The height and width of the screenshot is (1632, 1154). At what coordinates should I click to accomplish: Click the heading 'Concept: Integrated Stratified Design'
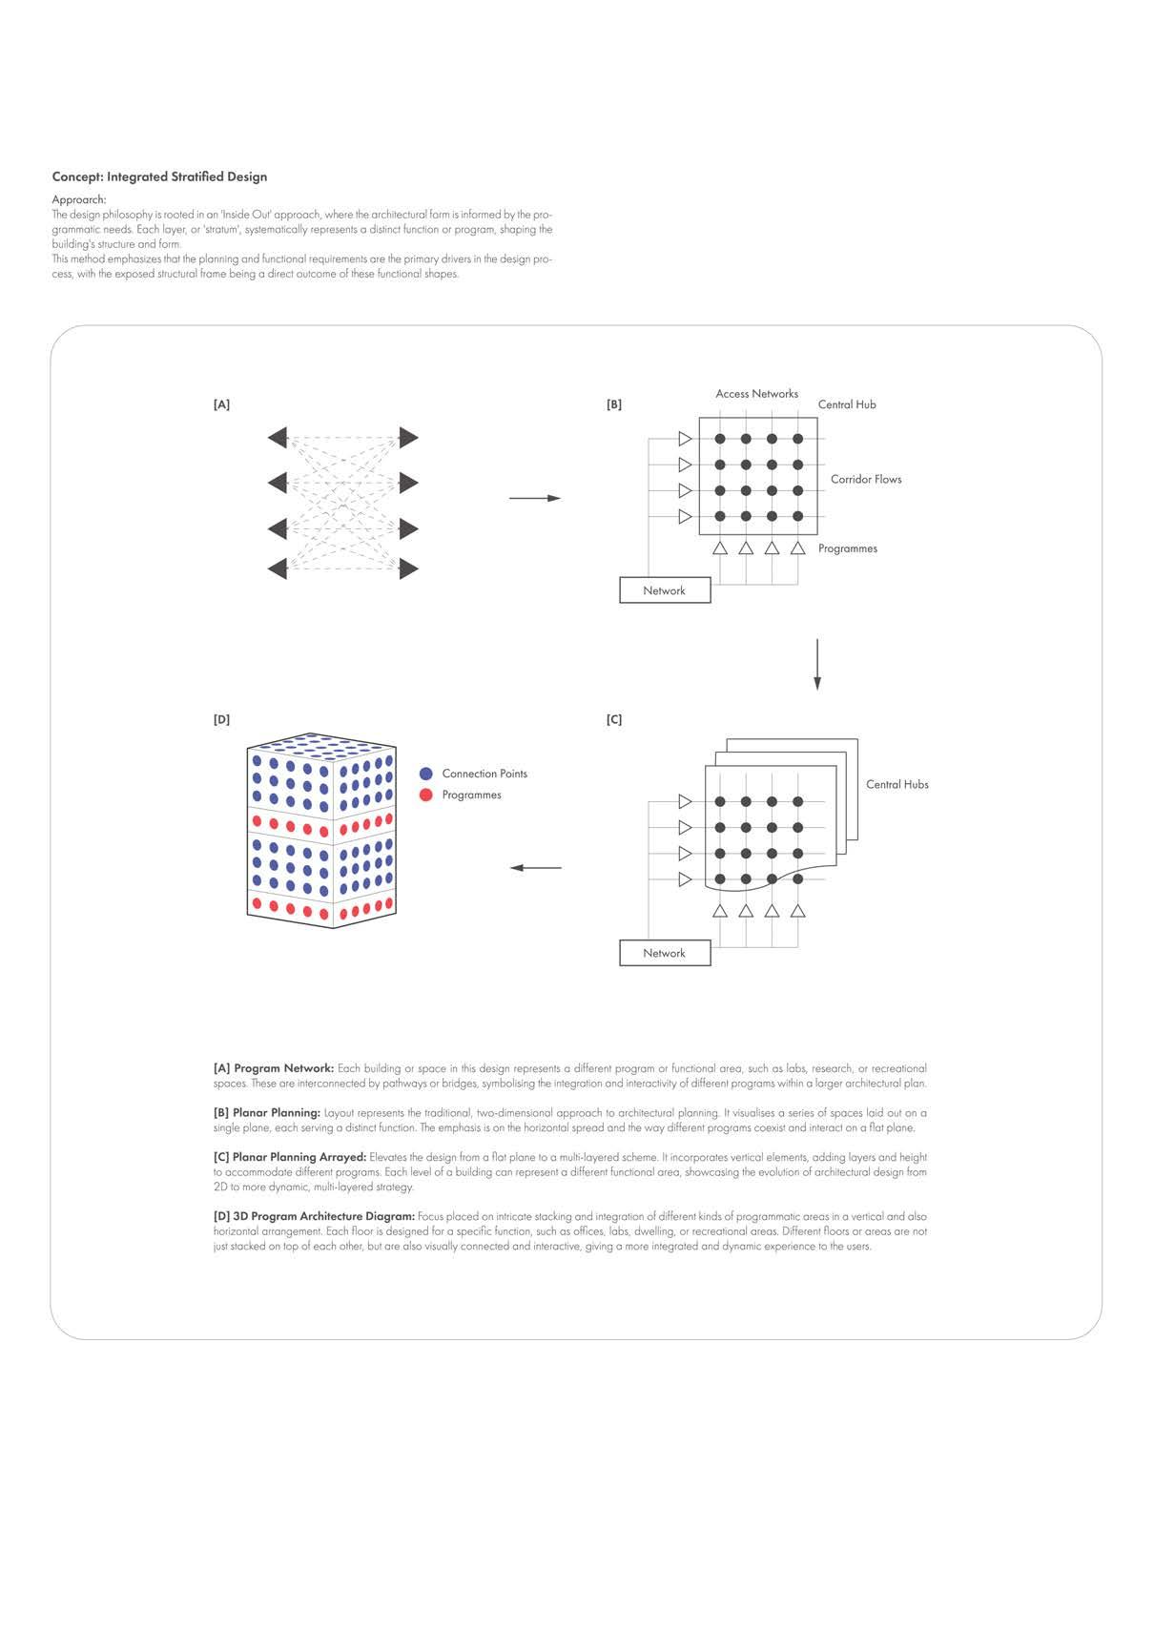[x=159, y=176]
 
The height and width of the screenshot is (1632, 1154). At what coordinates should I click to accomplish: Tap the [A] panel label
[x=221, y=404]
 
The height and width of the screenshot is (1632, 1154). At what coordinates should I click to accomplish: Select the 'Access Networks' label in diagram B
[x=756, y=393]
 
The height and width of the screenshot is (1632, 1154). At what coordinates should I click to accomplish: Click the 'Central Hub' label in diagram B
[x=847, y=404]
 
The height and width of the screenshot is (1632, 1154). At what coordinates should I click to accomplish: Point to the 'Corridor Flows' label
[x=865, y=479]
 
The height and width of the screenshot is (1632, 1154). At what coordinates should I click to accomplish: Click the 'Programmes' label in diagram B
[x=847, y=548]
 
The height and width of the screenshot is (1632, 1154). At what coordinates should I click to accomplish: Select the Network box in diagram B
[x=665, y=590]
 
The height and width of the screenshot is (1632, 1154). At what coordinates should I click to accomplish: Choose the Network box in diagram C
[x=665, y=953]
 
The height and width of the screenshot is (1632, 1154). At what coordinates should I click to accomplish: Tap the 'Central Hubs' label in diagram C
[x=896, y=784]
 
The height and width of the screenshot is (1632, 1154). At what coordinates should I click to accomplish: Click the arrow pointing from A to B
[x=535, y=498]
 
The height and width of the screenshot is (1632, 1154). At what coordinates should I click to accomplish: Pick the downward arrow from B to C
[x=817, y=664]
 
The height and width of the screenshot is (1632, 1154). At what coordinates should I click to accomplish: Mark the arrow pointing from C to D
[x=535, y=868]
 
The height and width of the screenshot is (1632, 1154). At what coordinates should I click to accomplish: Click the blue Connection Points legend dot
[x=426, y=774]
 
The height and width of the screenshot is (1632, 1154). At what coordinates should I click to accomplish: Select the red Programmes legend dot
[x=426, y=795]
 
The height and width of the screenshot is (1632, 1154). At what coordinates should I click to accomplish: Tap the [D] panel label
[x=221, y=719]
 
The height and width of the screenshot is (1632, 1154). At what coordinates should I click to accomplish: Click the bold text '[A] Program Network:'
[x=274, y=1068]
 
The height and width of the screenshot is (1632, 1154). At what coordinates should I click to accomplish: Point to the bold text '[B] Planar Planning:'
[x=267, y=1112]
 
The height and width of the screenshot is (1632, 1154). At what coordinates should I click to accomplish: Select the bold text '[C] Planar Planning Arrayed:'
[x=290, y=1157]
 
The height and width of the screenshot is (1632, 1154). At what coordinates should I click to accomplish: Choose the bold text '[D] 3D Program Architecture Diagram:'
[x=315, y=1216]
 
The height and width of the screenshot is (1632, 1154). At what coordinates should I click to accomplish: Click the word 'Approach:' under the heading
[x=79, y=199]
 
